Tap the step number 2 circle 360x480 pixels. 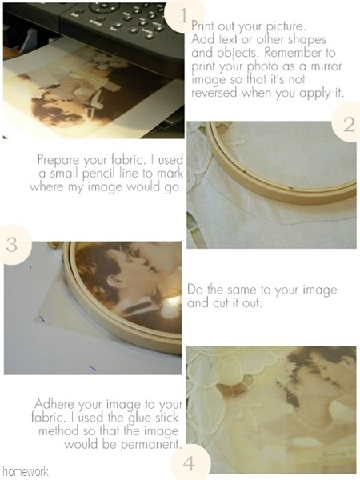pyautogui.click(x=348, y=123)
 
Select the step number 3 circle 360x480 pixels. pyautogui.click(x=14, y=245)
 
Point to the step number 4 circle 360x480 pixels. pyautogui.click(x=190, y=463)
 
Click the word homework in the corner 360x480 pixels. pyautogui.click(x=26, y=471)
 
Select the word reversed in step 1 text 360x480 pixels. pyautogui.click(x=214, y=93)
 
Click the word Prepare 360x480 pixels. pyautogui.click(x=58, y=161)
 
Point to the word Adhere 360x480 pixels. pyautogui.click(x=54, y=404)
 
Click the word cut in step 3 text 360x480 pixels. pyautogui.click(x=226, y=303)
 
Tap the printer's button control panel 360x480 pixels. pyautogui.click(x=116, y=19)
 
